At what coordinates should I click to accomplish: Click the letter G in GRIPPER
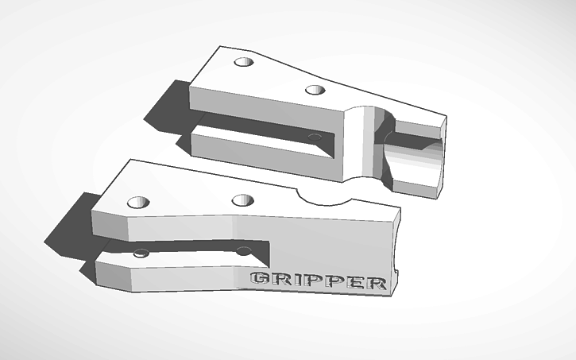(x=260, y=279)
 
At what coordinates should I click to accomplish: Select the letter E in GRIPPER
(x=355, y=281)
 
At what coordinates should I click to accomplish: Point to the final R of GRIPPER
(x=376, y=282)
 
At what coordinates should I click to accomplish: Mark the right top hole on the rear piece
(x=315, y=90)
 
